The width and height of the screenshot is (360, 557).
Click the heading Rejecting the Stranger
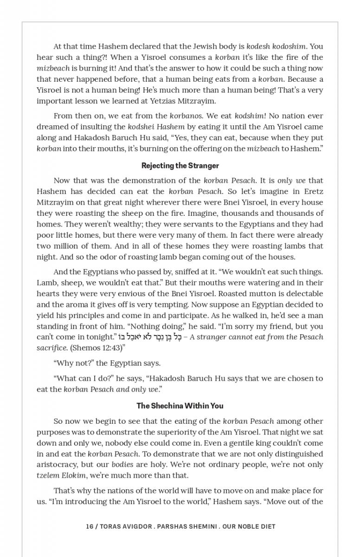pos(180,166)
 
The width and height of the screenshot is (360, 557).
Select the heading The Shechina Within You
pos(180,406)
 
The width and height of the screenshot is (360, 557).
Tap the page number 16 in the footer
pos(90,526)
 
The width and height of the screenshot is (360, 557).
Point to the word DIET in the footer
pos(267,526)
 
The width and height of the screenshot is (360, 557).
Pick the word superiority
pos(142,432)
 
